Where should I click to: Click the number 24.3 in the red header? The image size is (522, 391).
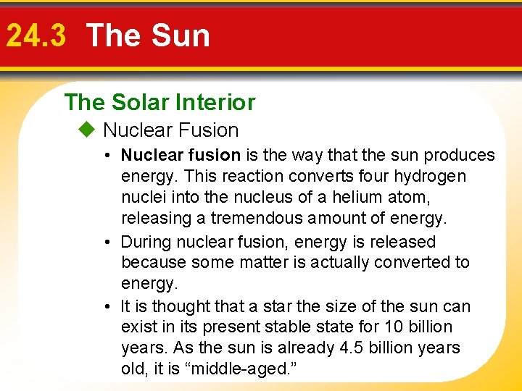(37, 35)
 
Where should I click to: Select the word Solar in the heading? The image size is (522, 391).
(135, 103)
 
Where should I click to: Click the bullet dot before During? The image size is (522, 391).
(106, 242)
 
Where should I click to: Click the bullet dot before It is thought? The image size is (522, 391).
(106, 306)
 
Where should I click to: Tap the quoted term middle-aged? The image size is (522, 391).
(241, 369)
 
